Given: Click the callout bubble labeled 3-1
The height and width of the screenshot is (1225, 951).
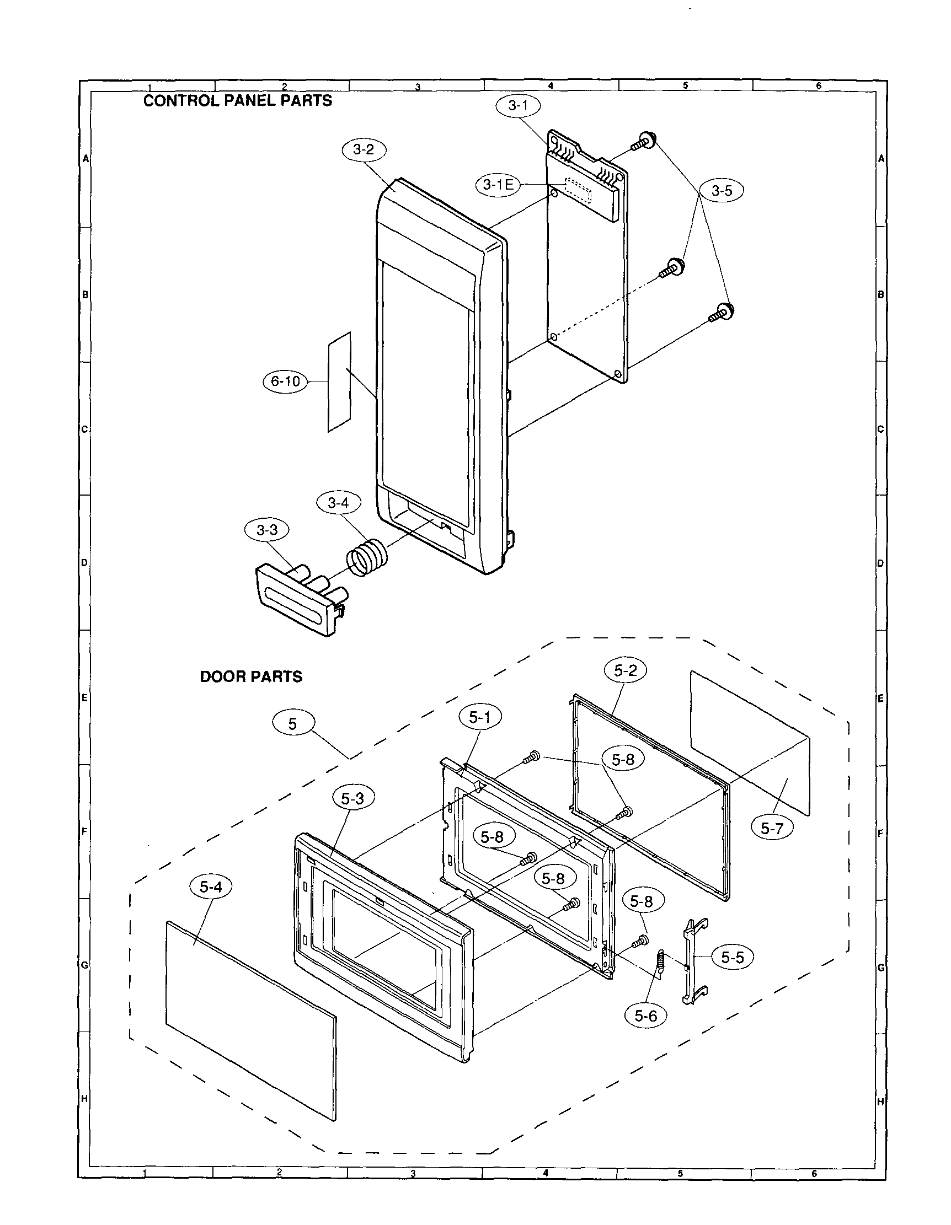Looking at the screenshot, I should coord(518,105).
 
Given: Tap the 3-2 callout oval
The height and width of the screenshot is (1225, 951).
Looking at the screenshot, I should coord(364,150).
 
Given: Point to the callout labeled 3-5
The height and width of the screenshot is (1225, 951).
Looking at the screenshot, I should coord(722,191).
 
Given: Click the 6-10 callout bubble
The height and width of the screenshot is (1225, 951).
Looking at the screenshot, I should coord(286,382).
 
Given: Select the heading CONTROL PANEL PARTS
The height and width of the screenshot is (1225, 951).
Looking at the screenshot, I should coord(238,101).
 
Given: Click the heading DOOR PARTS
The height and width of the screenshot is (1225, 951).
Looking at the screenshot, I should coord(251,676).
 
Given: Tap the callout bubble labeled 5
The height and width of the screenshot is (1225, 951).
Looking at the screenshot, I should coord(293,724).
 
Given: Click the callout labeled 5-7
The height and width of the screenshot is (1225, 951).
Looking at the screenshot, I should coord(772,828).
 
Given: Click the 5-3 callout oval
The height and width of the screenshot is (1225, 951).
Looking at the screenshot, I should coord(352,798).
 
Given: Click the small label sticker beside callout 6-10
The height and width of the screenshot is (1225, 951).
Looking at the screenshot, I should coord(339,382).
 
